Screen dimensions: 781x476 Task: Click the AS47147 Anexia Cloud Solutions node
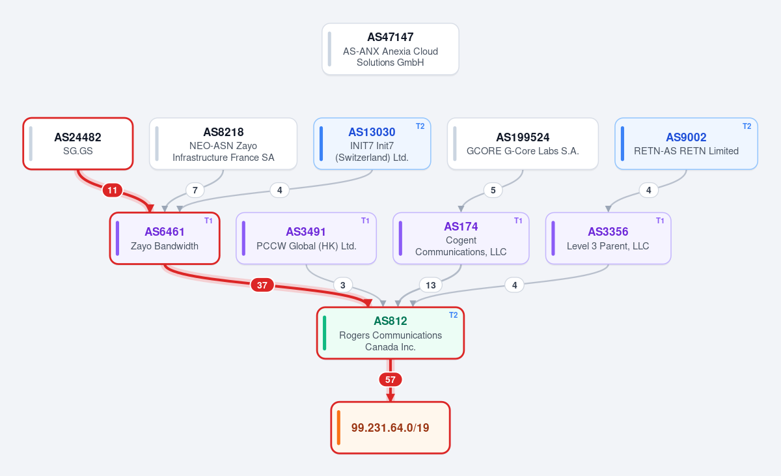tap(390, 49)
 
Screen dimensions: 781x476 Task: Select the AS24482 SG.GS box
tap(78, 144)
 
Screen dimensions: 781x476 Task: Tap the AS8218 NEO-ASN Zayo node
tap(223, 144)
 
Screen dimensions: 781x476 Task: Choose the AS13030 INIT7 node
tap(372, 144)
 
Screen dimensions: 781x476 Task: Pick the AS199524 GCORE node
tap(523, 144)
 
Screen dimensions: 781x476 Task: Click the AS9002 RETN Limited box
tap(686, 144)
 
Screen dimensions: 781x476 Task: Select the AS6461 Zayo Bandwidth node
tap(165, 238)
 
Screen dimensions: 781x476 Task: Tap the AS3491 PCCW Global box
tap(306, 238)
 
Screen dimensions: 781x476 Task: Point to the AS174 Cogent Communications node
tap(461, 238)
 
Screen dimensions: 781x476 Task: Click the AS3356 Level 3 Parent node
tap(608, 238)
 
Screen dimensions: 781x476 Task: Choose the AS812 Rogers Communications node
tap(390, 333)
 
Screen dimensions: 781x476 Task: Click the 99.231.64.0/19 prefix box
tap(390, 428)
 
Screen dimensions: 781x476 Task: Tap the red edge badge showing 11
tap(112, 190)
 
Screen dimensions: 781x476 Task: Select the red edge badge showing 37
tap(262, 285)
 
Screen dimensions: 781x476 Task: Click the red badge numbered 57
tap(390, 380)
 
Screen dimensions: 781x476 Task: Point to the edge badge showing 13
tap(431, 285)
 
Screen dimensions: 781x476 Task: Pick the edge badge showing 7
tap(195, 190)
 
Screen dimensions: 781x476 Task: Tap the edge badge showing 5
tap(493, 190)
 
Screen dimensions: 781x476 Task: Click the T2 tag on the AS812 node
tap(453, 315)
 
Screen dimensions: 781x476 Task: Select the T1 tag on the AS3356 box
tap(660, 221)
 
